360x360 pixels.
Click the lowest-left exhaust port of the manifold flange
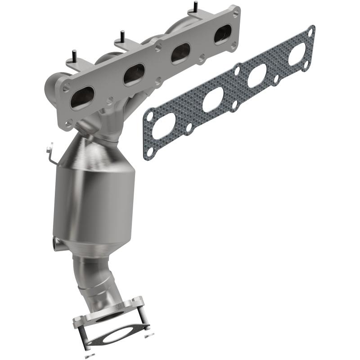[x=82, y=98]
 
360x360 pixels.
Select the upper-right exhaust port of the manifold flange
[x=223, y=34]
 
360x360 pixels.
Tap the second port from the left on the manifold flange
[x=134, y=74]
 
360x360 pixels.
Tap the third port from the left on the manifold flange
[x=180, y=53]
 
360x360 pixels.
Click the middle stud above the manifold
[x=122, y=36]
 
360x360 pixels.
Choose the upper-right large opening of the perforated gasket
[x=297, y=54]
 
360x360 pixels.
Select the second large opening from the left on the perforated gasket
[x=213, y=99]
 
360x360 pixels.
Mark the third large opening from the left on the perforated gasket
[x=257, y=76]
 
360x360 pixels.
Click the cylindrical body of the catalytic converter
[x=94, y=198]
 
